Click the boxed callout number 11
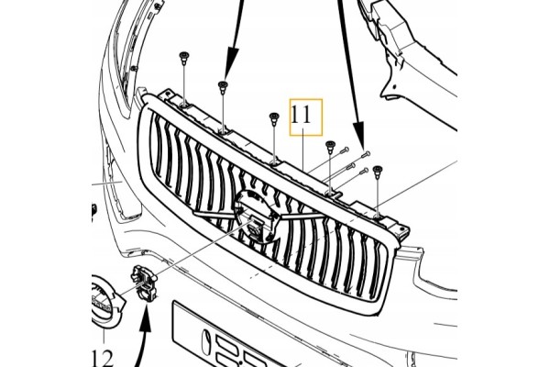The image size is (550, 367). tap(302, 116)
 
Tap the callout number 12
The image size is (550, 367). tap(103, 358)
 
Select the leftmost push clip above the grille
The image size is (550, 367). tap(183, 58)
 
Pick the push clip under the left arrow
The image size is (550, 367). tap(223, 87)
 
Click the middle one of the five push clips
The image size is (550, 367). tap(273, 118)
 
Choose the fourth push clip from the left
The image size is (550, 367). tap(330, 147)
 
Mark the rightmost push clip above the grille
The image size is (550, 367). tap(378, 172)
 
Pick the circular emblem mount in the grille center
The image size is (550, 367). tap(256, 216)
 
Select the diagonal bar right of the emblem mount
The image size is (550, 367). tap(301, 216)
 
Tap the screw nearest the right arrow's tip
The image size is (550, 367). tap(365, 153)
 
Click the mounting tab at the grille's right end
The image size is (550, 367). tap(402, 232)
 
